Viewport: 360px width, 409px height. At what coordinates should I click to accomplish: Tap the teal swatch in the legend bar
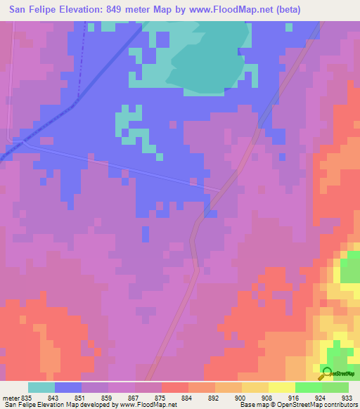41,387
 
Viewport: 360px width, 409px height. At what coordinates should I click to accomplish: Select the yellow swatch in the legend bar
281,387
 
